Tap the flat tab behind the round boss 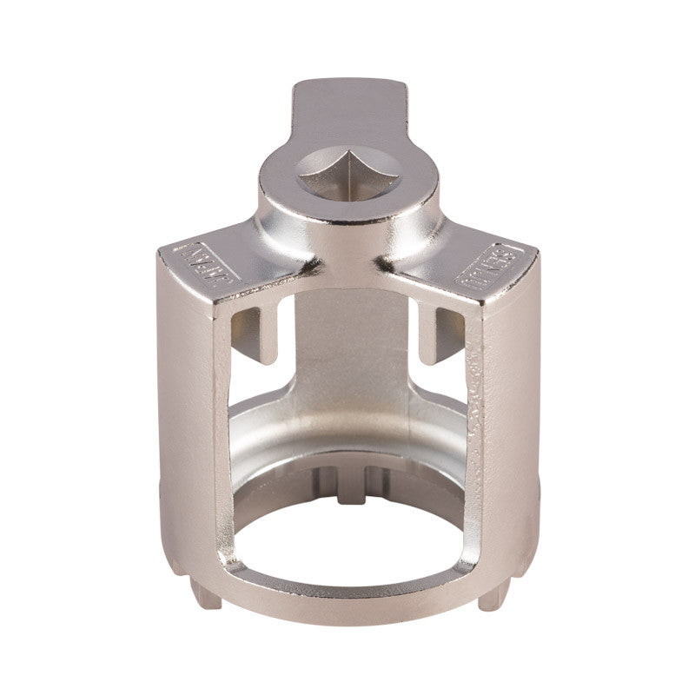[x=347, y=104]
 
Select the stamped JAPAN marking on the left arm [x=197, y=260]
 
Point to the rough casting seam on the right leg [x=476, y=391]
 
